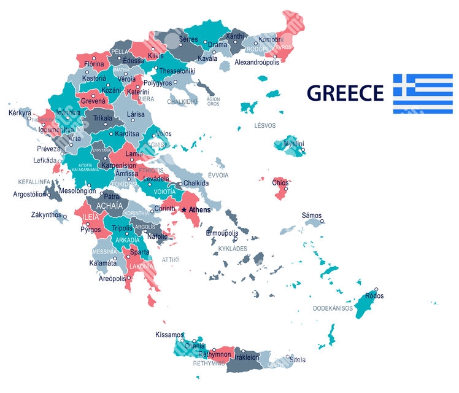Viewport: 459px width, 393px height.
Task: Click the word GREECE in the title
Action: click(x=345, y=93)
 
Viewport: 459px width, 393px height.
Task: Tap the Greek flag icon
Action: click(x=422, y=93)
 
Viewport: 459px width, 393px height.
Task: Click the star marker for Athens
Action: click(x=183, y=209)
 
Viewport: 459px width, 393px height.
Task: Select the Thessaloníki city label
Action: click(x=177, y=71)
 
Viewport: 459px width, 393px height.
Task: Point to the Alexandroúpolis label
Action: click(x=257, y=62)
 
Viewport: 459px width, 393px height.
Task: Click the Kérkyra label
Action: click(x=20, y=113)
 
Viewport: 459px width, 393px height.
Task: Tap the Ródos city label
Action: click(x=374, y=295)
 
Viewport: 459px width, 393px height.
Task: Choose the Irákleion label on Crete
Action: click(x=247, y=356)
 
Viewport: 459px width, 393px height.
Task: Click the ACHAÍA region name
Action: click(x=109, y=206)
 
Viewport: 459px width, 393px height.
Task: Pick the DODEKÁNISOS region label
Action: click(x=333, y=308)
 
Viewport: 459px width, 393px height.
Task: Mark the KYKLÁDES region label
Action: click(x=233, y=249)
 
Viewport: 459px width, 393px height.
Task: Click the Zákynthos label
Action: click(x=47, y=215)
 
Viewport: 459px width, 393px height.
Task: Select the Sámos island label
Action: click(x=311, y=215)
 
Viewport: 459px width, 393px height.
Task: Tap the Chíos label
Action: click(x=280, y=182)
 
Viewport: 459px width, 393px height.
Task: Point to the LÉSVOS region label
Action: click(x=265, y=125)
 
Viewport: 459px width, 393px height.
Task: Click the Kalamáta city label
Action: click(x=102, y=263)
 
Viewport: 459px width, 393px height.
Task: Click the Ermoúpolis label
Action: click(x=222, y=233)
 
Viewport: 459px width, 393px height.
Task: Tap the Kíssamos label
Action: click(x=169, y=335)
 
